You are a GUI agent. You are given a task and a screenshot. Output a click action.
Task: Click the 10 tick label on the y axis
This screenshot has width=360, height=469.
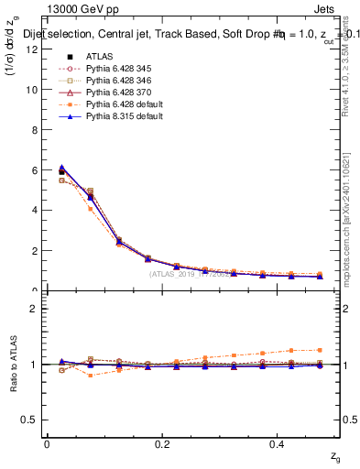[x=32, y=90]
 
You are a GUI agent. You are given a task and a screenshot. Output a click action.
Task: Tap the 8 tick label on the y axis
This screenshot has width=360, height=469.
[x=35, y=130]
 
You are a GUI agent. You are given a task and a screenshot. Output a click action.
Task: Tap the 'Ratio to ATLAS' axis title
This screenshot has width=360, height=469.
[x=12, y=364]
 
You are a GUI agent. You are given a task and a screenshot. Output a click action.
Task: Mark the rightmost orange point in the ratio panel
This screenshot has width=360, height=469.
[x=319, y=350]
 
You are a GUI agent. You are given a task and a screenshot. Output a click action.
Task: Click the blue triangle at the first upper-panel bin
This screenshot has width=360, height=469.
[x=61, y=168]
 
